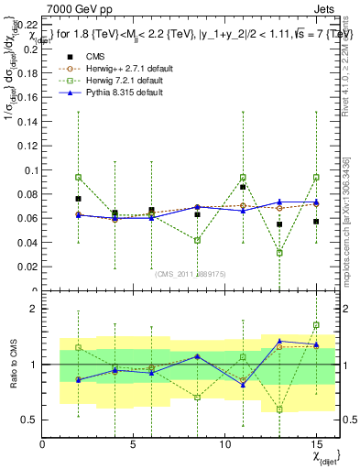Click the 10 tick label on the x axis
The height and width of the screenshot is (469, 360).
click(226, 444)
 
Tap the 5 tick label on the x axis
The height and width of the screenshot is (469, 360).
click(134, 444)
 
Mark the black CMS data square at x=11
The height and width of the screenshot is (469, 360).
click(243, 187)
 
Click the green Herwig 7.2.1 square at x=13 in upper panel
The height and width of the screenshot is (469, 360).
click(279, 253)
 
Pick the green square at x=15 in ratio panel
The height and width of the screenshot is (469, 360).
click(316, 325)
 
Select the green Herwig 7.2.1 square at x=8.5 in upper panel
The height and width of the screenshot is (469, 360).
click(197, 240)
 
